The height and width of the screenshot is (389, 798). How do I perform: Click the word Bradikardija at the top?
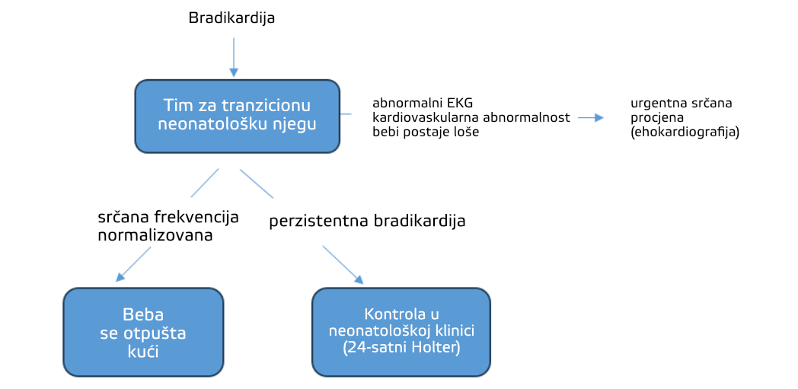click(231, 18)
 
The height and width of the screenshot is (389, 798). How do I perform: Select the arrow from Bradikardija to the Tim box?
click(234, 57)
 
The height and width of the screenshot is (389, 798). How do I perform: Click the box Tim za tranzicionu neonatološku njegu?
click(237, 116)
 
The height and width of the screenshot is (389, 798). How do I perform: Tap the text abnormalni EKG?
click(423, 104)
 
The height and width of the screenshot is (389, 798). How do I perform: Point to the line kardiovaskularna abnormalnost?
click(471, 119)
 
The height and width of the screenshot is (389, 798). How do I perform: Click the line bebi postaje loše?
click(426, 133)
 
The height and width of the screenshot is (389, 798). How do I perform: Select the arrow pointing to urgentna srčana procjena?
click(590, 118)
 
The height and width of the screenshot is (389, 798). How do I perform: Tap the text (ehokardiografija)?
click(685, 133)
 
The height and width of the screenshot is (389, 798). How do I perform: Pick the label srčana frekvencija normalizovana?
click(168, 226)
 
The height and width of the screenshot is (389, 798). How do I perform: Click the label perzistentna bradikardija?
click(367, 222)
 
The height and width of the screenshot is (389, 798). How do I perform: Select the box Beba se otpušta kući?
click(143, 333)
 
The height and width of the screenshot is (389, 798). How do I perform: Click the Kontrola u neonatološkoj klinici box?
click(401, 333)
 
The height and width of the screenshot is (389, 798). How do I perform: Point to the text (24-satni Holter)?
click(401, 349)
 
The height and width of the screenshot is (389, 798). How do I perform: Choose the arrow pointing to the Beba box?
click(133, 264)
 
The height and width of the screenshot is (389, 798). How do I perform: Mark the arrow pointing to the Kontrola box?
click(343, 265)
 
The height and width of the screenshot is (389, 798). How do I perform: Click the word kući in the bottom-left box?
click(143, 352)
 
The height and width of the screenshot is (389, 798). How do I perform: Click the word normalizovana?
click(155, 236)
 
